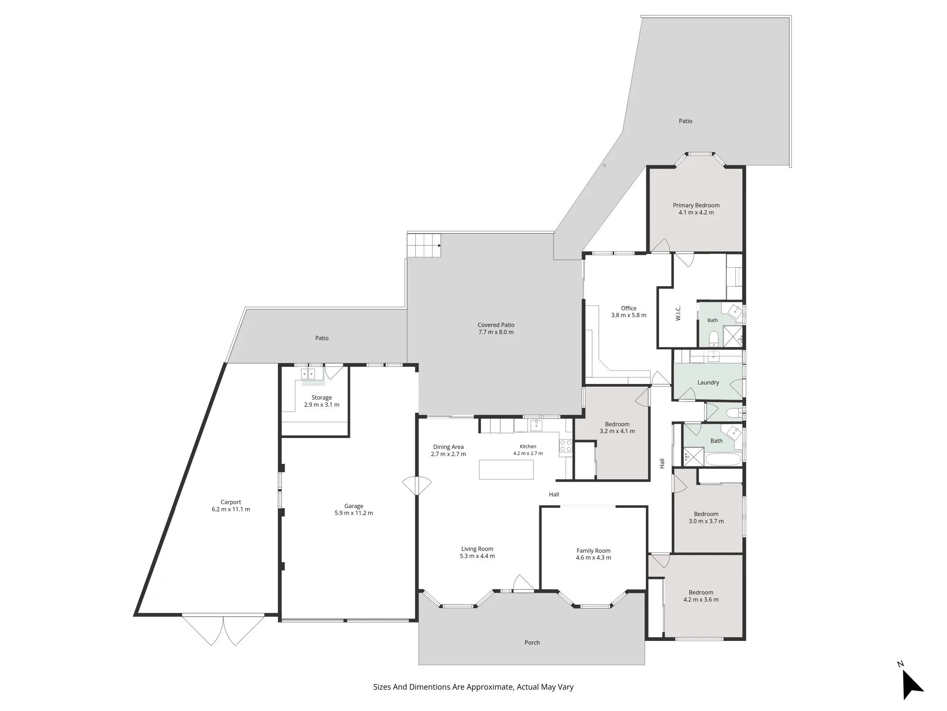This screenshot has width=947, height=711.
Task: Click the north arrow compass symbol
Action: tap(911, 683)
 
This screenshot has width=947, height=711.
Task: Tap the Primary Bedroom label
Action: tap(696, 205)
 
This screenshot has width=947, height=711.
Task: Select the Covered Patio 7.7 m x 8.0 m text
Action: tap(496, 328)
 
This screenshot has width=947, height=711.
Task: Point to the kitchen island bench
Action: tap(506, 469)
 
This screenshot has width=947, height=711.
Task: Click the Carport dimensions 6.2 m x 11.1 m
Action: tap(231, 510)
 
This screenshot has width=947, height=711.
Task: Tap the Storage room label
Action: tap(322, 398)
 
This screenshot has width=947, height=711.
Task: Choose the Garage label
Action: tap(354, 506)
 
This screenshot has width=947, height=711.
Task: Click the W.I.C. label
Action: tap(678, 313)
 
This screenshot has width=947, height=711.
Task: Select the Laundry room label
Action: tap(708, 383)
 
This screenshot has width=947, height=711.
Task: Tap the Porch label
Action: tap(532, 643)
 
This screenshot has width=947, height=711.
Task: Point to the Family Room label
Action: tap(593, 551)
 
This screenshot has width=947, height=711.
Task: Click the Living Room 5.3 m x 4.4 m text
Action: tap(477, 553)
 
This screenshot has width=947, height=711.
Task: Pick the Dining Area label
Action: tap(448, 447)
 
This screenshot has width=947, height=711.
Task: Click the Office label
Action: tap(629, 308)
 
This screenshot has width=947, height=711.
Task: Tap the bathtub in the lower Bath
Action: tap(723, 459)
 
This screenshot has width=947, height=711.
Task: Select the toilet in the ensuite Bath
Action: tap(714, 338)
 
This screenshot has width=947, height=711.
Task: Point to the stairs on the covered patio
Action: tap(424, 245)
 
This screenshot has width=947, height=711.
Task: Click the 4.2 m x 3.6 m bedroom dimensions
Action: tap(701, 600)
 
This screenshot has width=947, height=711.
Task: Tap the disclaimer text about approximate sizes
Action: tap(473, 687)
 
